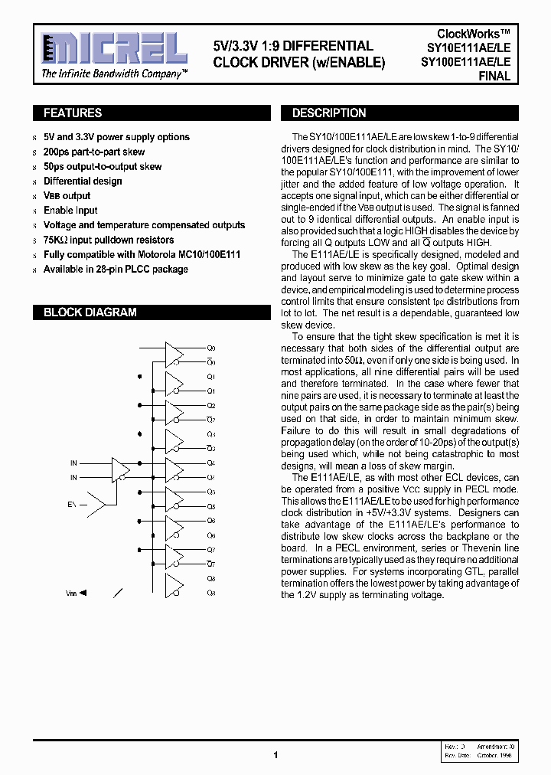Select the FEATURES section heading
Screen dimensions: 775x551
73,113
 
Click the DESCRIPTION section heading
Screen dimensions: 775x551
329,113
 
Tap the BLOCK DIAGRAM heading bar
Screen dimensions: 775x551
90,312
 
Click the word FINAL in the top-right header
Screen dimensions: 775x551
494,77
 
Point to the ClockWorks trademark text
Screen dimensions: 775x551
474,34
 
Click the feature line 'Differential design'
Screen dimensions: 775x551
83,181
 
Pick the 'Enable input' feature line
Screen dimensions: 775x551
70,211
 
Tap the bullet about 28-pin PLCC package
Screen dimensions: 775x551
116,270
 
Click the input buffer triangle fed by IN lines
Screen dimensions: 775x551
121,469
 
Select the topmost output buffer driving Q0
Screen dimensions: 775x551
174,354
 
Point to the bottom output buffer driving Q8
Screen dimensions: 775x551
174,585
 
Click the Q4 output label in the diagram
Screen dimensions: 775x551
211,463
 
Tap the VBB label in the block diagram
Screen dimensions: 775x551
71,593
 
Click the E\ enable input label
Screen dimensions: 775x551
72,505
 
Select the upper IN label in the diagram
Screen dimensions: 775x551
73,463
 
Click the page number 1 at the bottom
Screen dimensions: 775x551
275,755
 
